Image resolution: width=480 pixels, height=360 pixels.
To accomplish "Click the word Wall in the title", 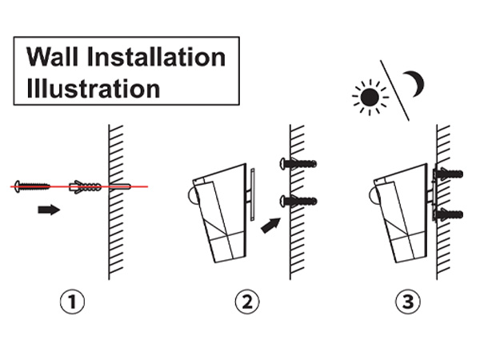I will pyautogui.click(x=54, y=58).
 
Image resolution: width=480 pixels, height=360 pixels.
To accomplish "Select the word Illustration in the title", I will pyautogui.click(x=94, y=86).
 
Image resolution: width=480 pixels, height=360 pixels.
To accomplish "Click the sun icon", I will pyautogui.click(x=370, y=97).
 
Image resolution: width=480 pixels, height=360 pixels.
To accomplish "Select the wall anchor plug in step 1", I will pyautogui.click(x=86, y=187).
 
